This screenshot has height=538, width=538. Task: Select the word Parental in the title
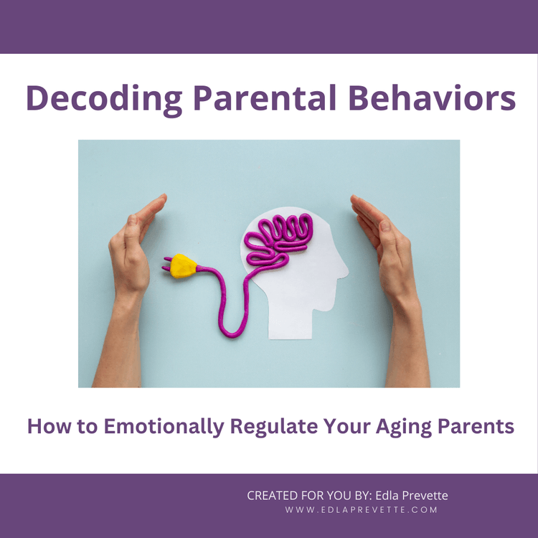point(265,98)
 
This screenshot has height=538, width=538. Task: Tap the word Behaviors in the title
point(432,98)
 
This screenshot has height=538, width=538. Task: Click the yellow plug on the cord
point(183,266)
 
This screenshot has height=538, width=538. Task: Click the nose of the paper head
point(345,272)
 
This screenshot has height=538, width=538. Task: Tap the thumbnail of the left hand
point(132,220)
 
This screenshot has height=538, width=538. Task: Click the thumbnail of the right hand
point(386,226)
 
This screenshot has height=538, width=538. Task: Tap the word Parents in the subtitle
point(476,426)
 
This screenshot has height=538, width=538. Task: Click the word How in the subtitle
point(49,426)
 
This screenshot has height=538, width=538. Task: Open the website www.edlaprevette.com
point(361,510)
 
